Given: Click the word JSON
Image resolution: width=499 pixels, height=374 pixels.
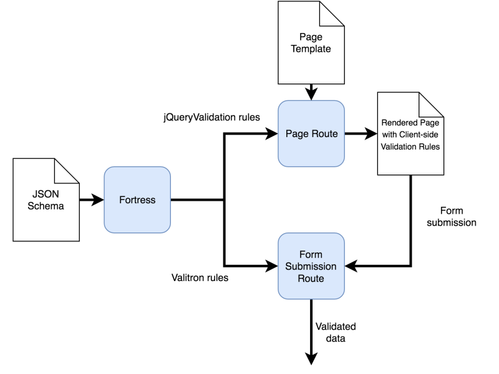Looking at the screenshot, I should pos(46,194).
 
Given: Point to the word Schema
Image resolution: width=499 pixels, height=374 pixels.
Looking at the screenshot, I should pos(46,206).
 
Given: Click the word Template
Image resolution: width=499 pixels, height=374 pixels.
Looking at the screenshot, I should pos(311,49).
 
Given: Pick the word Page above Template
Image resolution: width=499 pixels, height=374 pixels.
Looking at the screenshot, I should pos(311,37).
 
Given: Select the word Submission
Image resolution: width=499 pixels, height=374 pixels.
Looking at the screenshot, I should pos(311,266).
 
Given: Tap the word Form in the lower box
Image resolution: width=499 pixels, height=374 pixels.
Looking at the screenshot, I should pos(311,255).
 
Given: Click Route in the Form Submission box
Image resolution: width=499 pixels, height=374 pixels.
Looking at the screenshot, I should pos(311,278).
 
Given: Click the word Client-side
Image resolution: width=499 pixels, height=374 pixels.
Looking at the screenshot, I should pos(424,135).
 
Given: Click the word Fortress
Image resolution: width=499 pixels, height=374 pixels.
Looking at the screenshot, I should pos(137,200).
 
